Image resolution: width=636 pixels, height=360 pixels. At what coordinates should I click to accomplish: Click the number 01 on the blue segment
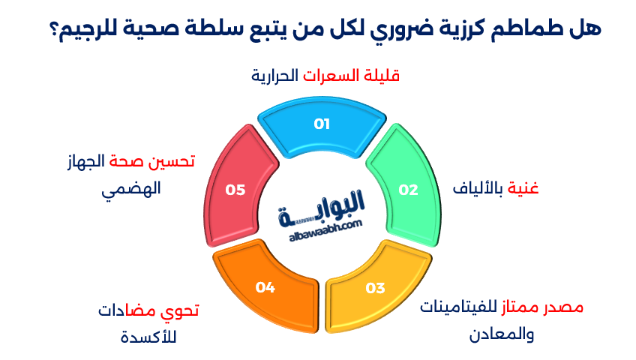[x=322, y=124]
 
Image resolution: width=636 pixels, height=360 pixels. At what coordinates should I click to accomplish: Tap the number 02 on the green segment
[x=408, y=190]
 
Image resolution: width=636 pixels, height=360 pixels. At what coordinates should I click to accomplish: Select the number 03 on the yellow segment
[x=375, y=288]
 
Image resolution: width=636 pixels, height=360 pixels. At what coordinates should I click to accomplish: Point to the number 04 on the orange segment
[x=265, y=286]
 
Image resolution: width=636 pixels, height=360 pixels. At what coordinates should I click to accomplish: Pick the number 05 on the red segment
[x=235, y=190]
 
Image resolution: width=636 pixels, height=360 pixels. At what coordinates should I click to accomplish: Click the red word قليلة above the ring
[x=381, y=76]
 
